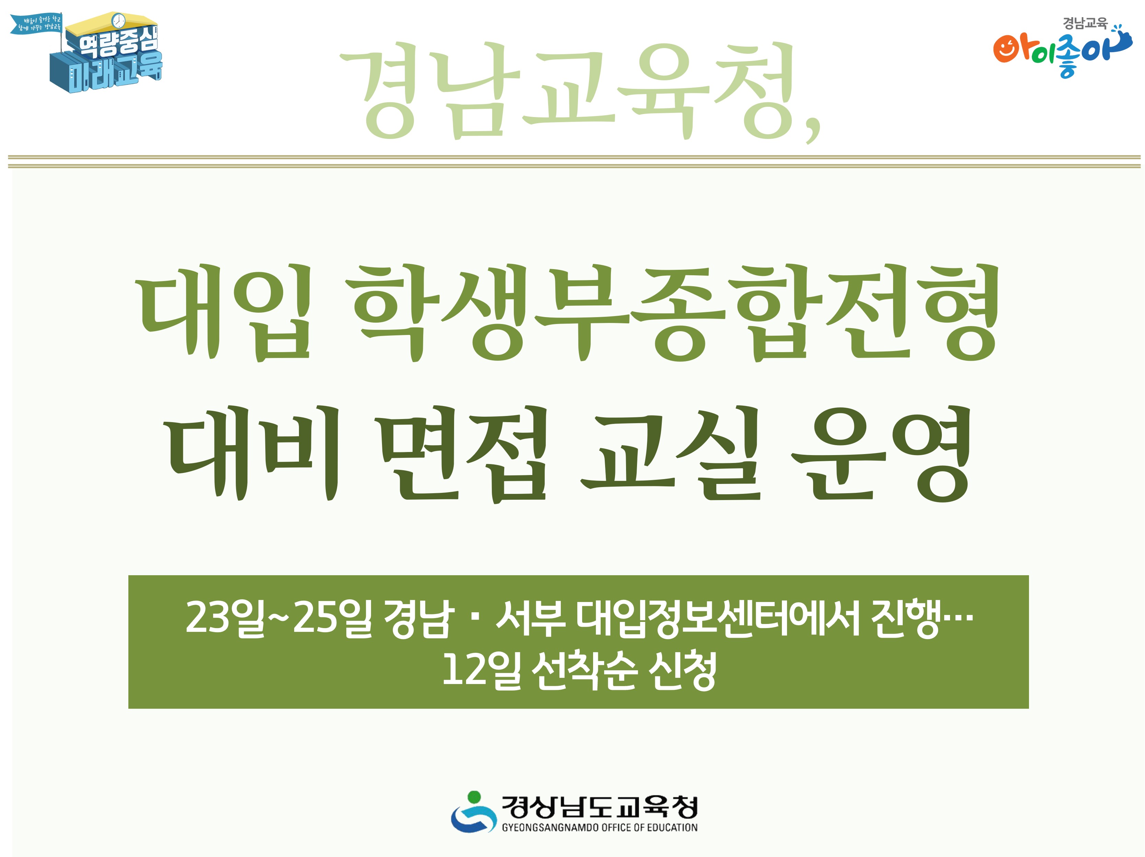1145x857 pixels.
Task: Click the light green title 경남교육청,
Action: pos(580,91)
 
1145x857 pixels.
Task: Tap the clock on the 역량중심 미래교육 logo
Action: pos(118,20)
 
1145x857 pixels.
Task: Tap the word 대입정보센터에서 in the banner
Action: pos(717,617)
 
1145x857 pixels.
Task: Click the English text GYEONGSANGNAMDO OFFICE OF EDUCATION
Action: pos(599,827)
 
